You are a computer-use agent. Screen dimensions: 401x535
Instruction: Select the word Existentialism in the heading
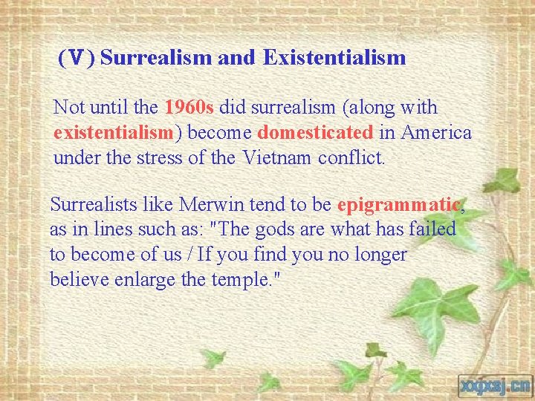pos(334,57)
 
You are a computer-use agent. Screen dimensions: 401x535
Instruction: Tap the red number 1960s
pos(189,108)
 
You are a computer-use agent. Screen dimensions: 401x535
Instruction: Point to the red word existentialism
pos(113,133)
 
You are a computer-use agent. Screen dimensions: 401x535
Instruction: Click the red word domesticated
pos(316,133)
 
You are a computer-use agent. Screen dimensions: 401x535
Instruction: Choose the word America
pos(436,133)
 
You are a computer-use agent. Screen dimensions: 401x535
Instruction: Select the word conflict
pos(351,158)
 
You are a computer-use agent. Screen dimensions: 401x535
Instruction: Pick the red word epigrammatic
pos(399,204)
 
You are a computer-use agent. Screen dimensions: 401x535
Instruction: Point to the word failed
pos(432,229)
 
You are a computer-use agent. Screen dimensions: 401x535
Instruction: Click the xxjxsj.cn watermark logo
pos(494,384)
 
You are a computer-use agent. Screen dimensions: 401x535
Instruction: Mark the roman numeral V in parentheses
pos(77,58)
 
